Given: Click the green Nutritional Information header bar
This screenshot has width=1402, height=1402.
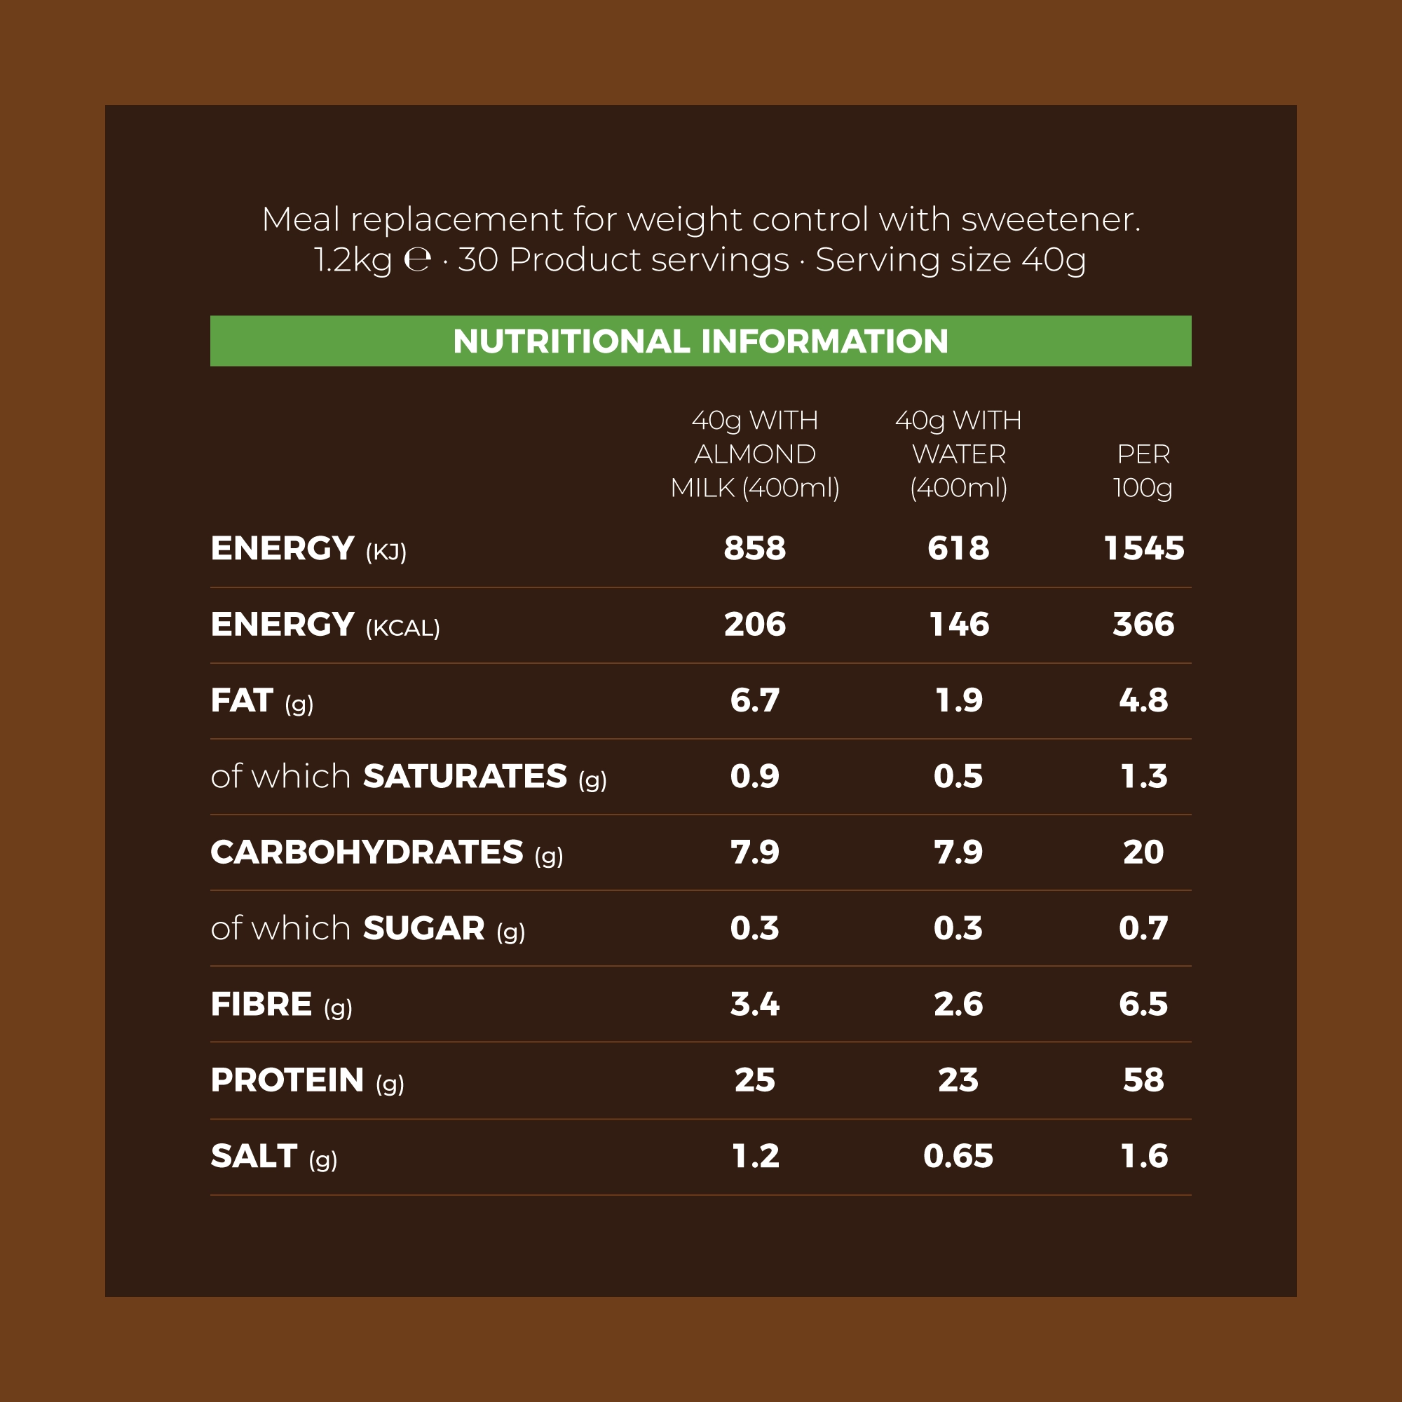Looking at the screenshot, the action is pos(700,341).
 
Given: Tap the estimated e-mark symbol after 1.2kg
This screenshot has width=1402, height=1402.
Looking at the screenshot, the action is pos(417,260).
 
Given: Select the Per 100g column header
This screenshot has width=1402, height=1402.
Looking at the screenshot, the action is pos(1143,470).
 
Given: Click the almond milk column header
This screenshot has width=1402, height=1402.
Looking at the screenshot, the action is pos(755,454).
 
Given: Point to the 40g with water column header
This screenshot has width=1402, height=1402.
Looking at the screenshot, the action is pos(958,454).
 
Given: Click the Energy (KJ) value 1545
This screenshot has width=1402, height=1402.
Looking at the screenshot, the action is pos(1143,549).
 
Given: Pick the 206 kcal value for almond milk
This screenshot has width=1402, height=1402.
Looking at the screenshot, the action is pos(755,624).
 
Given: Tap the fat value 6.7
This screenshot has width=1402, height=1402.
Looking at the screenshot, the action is pos(755,700).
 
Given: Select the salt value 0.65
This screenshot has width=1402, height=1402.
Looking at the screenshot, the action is pos(958,1156).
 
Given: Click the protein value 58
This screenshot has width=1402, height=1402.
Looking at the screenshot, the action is pos(1143,1080).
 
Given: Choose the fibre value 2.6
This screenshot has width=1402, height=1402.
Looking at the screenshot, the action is pos(958,1005).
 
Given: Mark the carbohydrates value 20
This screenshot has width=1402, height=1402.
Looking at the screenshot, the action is pos(1143,852).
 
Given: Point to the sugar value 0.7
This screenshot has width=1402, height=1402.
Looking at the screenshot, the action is pos(1143,928).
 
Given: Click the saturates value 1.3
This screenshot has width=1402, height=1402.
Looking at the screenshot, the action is pos(1143,777).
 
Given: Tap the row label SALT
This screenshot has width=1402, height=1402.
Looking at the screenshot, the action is pos(254,1156).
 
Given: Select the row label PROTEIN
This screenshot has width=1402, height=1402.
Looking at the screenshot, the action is pos(287,1080).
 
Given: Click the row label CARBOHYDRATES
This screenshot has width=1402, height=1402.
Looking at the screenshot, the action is pos(367,852).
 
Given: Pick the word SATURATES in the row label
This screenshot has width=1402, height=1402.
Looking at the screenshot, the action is pos(465,777).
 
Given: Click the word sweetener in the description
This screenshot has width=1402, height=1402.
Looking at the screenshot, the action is pos(1051,219).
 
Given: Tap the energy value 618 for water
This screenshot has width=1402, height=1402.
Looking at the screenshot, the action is pos(958,549).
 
